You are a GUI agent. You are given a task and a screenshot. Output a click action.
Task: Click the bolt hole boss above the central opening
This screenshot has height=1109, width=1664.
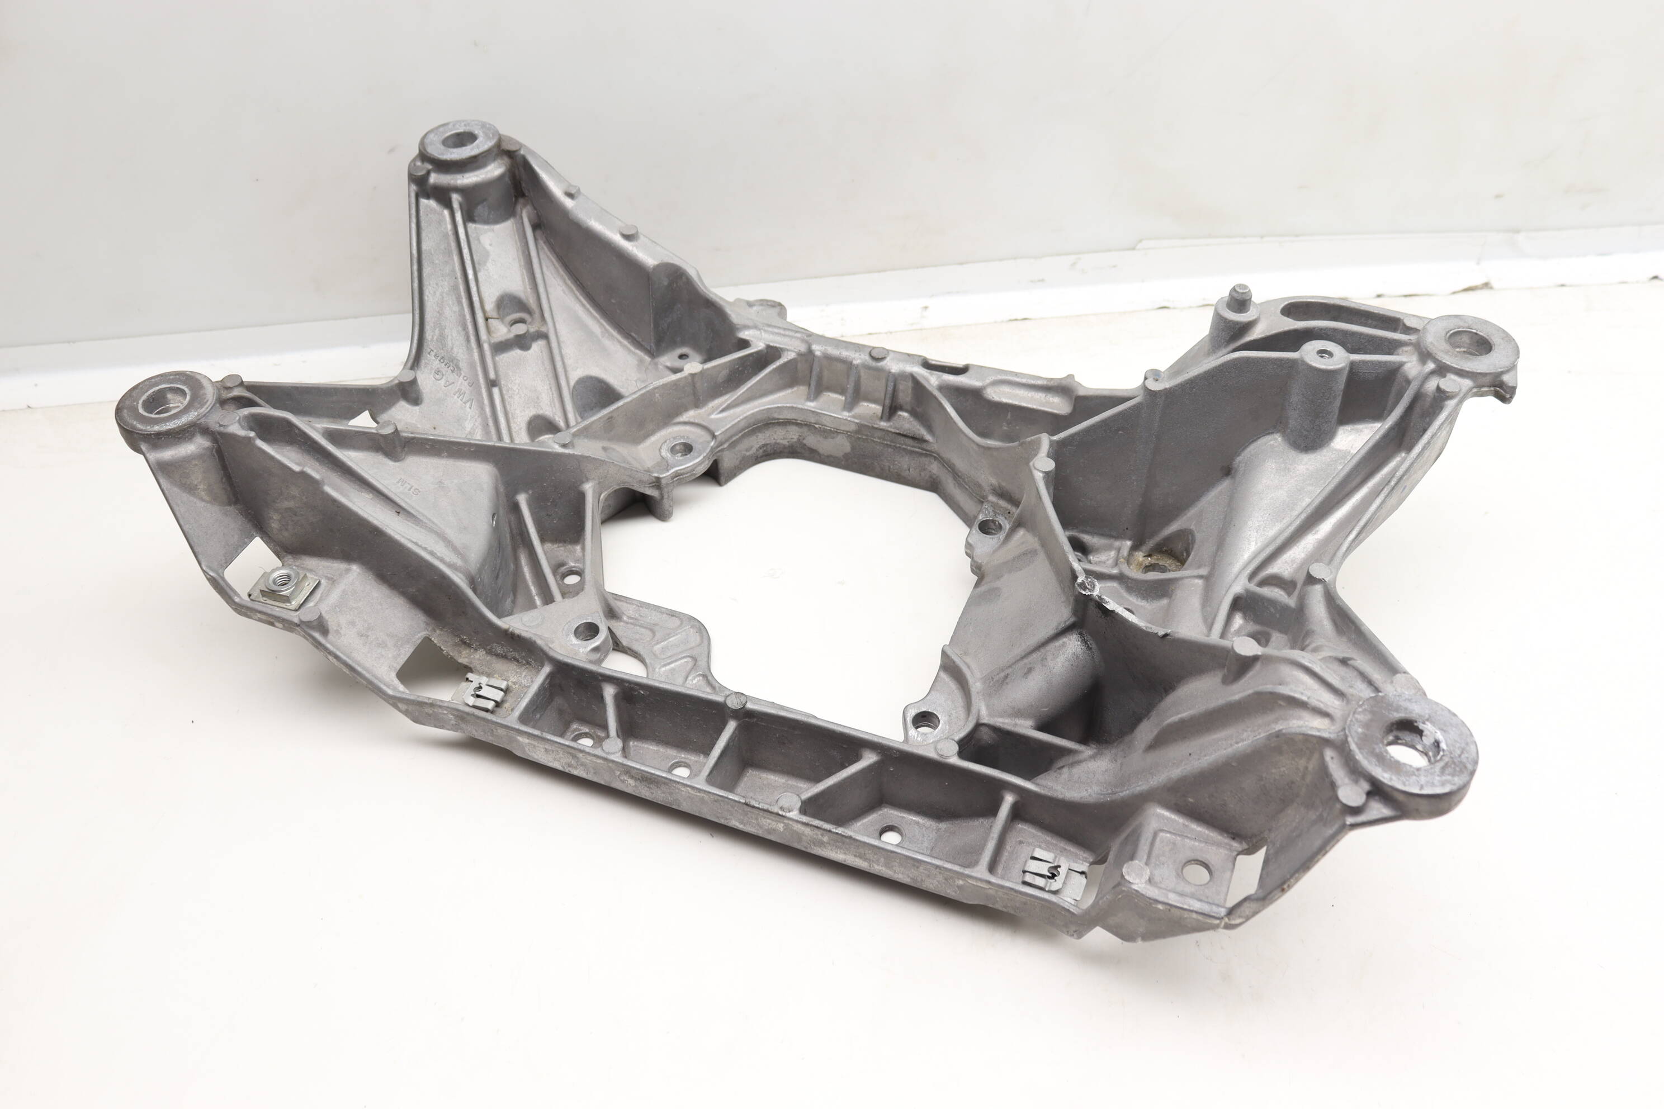(x=678, y=448)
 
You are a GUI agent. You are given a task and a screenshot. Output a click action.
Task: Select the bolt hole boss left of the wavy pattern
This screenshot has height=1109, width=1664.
(x=584, y=629)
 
